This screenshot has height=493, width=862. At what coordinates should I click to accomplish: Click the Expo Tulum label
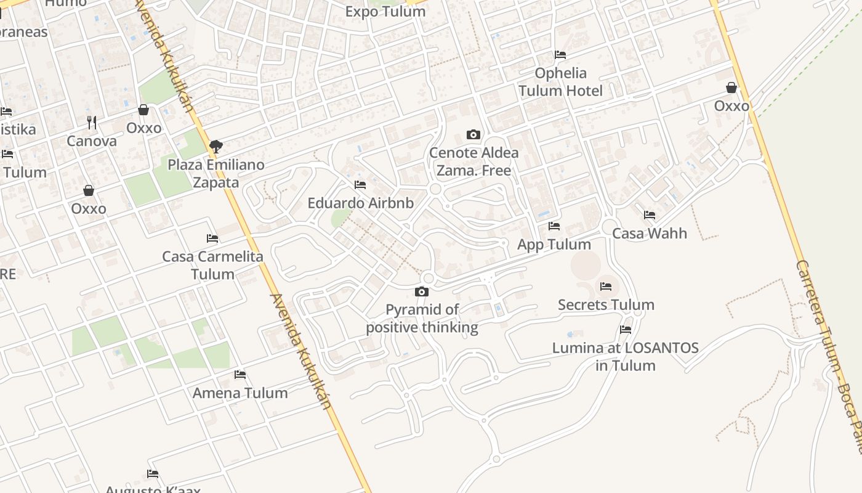385,12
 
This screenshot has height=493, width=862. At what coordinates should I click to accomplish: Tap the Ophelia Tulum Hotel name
560,82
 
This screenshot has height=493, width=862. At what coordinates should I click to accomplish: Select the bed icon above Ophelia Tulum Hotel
560,55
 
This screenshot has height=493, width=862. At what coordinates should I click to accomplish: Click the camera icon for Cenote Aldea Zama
473,134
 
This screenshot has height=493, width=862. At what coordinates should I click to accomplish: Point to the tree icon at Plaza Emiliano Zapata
216,147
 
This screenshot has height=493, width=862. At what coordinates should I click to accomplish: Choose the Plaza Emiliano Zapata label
216,174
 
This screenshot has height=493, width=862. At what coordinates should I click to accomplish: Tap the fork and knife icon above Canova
92,123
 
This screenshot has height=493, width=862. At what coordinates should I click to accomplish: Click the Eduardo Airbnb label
361,203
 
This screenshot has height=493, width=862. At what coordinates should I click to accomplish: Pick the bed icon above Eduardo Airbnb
360,185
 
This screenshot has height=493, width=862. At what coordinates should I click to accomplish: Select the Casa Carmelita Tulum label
212,265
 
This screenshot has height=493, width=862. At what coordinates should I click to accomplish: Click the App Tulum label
554,244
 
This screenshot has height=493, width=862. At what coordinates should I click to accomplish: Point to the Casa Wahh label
650,234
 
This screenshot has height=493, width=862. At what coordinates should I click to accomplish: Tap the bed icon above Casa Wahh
650,215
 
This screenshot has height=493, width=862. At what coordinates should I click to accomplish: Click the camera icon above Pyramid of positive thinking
422,291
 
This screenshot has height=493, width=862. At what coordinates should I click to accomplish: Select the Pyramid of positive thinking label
422,318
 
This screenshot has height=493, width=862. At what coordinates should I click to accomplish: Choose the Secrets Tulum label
606,304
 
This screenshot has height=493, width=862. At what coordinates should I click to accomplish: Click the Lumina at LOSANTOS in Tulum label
626,356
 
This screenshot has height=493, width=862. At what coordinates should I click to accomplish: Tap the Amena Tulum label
240,393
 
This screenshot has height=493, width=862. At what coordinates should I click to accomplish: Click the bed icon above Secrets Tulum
606,287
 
